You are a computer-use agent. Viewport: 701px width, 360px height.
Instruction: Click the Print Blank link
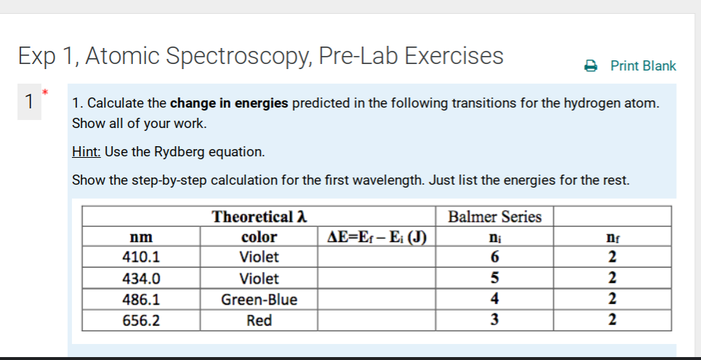(643, 66)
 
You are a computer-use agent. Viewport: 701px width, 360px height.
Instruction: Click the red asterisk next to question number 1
(44, 92)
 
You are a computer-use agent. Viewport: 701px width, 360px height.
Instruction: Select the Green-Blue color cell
(259, 299)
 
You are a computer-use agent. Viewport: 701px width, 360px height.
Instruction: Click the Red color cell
(259, 320)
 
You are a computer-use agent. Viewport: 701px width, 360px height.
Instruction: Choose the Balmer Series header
(494, 217)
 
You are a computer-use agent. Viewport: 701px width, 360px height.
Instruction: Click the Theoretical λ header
(259, 217)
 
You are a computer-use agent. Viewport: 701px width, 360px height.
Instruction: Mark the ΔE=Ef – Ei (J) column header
(377, 237)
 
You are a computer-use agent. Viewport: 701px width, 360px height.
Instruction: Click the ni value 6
(494, 257)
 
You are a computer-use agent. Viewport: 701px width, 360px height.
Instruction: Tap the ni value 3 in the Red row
(494, 320)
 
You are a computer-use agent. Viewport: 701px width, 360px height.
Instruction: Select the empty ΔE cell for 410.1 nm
(377, 257)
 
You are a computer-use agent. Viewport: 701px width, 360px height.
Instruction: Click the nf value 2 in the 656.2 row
(613, 320)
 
